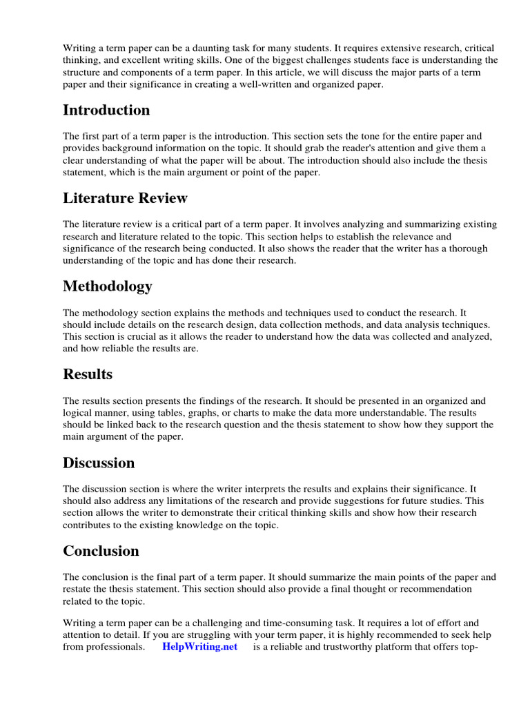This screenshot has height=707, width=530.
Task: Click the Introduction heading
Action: [106, 110]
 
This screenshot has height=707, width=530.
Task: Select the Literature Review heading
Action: [125, 198]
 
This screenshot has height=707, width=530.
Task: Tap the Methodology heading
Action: [108, 287]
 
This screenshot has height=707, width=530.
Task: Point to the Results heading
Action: [88, 374]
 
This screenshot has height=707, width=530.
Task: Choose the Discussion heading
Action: [99, 463]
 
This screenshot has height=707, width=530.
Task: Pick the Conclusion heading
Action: [101, 551]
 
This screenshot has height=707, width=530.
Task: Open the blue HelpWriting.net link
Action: [199, 647]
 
